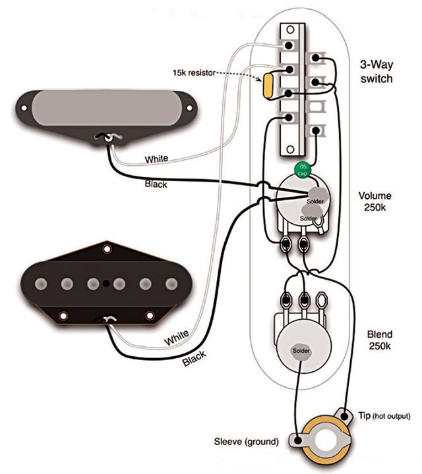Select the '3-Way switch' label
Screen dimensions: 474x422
(x=376, y=72)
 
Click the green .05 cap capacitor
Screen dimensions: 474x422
(x=302, y=169)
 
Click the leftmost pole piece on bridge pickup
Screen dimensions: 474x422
(x=40, y=284)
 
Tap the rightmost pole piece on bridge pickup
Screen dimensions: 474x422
(x=171, y=284)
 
